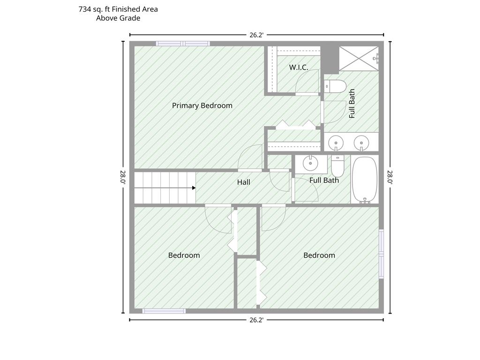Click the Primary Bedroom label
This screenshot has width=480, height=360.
click(x=202, y=105)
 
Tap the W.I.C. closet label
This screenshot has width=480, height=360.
click(x=299, y=67)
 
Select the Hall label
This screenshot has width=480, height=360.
click(x=244, y=182)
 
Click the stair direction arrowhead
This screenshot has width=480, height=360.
click(x=194, y=187)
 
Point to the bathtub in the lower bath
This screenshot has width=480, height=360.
click(x=365, y=180)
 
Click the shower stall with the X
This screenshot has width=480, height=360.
click(x=359, y=59)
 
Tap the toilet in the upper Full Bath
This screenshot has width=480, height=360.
click(x=335, y=86)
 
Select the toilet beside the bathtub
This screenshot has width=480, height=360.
click(x=337, y=165)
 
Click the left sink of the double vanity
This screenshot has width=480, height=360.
click(x=336, y=143)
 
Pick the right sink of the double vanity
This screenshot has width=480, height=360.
click(x=361, y=143)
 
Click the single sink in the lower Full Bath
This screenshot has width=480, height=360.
click(x=310, y=163)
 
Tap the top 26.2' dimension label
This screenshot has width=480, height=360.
click(x=256, y=35)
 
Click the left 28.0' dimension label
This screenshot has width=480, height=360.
click(x=123, y=177)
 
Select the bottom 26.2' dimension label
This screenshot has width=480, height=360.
click(x=256, y=320)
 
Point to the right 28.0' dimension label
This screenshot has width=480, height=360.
click(x=390, y=177)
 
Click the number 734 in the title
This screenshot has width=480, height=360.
click(x=85, y=9)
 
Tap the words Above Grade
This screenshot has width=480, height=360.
click(x=118, y=18)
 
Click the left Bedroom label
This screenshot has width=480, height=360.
click(x=184, y=255)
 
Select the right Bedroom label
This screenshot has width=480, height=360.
click(x=319, y=255)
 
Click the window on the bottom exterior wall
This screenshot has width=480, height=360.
click(x=164, y=311)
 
